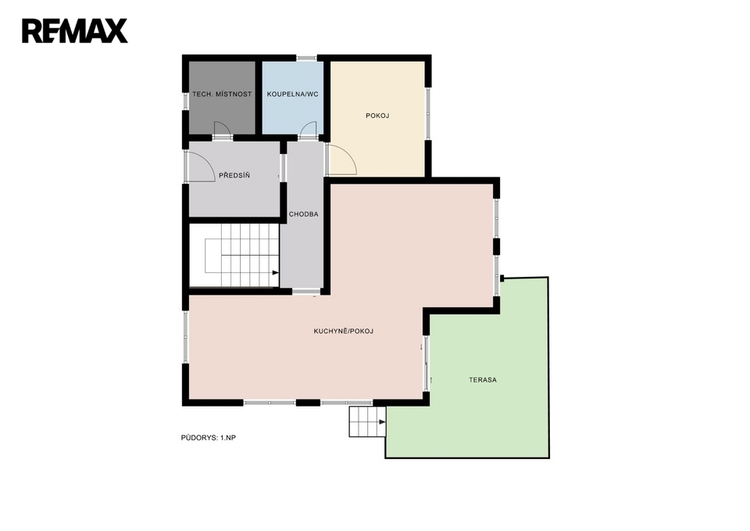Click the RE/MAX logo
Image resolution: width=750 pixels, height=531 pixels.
coord(75,31)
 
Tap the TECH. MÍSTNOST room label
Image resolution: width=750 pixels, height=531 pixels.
coord(222,95)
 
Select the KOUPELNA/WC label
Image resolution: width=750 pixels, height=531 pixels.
coord(293,95)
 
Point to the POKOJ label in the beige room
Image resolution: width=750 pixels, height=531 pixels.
coord(377,116)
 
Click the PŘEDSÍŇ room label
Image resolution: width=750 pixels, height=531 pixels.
coord(234,175)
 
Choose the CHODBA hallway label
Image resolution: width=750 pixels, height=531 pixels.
coord(304,214)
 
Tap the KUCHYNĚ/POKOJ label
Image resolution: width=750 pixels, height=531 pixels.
coord(344,331)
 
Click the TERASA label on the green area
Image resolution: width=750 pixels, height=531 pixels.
coord(483,380)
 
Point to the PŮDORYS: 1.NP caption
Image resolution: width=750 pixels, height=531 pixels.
coord(209,438)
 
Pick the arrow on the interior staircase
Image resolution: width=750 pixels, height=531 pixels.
coord(276,273)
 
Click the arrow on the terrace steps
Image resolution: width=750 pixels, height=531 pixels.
coord(382,422)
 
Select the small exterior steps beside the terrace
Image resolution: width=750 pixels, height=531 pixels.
coord(367,422)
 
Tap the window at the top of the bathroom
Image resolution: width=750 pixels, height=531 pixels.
coord(306,59)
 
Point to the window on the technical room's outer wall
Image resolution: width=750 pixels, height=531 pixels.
coord(186,102)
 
